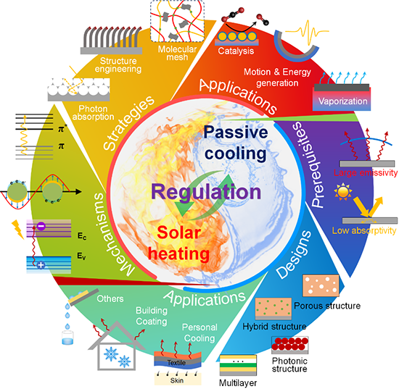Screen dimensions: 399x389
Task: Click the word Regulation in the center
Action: click(x=206, y=192)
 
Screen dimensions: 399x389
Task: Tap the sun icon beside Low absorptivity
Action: click(x=343, y=191)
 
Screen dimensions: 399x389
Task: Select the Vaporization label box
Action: click(x=342, y=101)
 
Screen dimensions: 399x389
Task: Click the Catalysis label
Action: click(x=236, y=51)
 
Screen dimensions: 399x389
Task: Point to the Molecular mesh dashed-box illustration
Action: click(x=177, y=21)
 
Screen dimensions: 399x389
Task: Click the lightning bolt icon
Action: click(x=17, y=229)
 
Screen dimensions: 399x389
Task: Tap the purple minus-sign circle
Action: click(x=41, y=225)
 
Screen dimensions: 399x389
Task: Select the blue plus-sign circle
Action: click(x=41, y=265)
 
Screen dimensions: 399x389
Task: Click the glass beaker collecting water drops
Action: click(x=67, y=338)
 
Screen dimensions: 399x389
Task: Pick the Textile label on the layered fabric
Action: click(x=176, y=363)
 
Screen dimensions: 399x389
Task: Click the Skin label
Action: click(x=177, y=380)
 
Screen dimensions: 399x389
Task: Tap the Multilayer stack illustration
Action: click(x=238, y=365)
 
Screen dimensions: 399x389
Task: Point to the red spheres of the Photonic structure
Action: click(x=290, y=344)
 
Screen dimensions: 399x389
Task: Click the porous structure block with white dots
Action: click(x=321, y=285)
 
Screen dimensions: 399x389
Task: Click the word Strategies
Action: click(x=128, y=123)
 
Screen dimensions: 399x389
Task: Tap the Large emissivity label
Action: click(x=366, y=173)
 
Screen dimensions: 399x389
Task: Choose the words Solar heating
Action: click(x=179, y=243)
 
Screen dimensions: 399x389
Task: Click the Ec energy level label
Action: click(x=82, y=236)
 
